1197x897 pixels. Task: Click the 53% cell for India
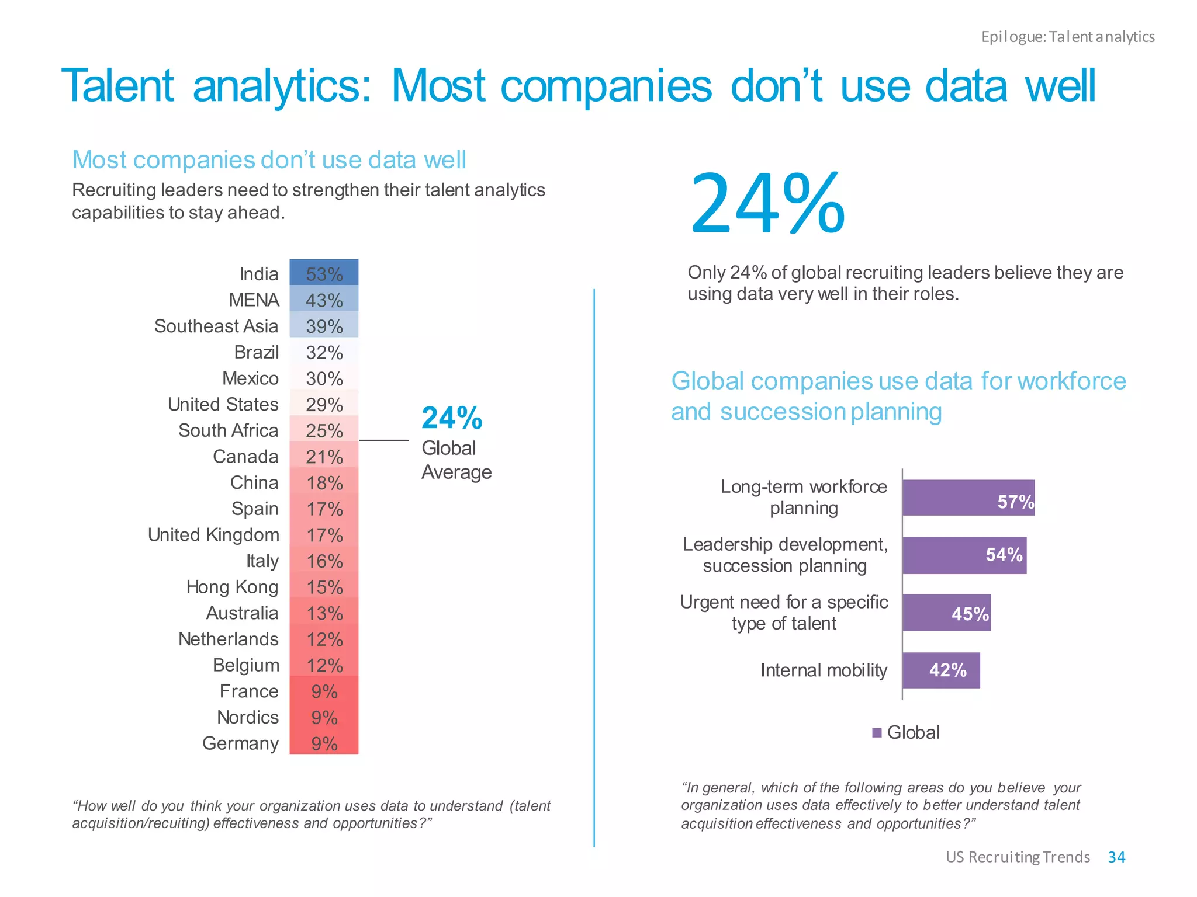pos(324,273)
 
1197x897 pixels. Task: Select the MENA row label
pos(254,300)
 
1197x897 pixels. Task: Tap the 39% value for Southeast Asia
pos(324,326)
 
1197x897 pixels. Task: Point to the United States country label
pos(223,404)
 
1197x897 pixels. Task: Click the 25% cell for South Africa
pos(324,430)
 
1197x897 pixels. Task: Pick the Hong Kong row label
pos(232,587)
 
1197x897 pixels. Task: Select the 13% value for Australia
pos(324,613)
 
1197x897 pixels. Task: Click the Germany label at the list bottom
pos(240,743)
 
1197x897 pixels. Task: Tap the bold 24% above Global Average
pos(452,418)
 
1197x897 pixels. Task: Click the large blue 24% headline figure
pos(767,204)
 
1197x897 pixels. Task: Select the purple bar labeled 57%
pos(968,498)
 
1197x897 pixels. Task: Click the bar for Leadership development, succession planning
pos(964,555)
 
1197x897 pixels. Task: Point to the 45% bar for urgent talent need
pos(946,613)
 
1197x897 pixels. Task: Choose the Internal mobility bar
pos(940,670)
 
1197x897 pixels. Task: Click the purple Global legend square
pos(877,733)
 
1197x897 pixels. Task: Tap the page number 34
pos(1116,857)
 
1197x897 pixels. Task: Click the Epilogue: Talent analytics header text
pos(1068,37)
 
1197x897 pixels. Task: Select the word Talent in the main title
pos(117,86)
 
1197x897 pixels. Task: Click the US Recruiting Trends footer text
pos(1018,857)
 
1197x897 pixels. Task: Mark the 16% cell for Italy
pos(324,561)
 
